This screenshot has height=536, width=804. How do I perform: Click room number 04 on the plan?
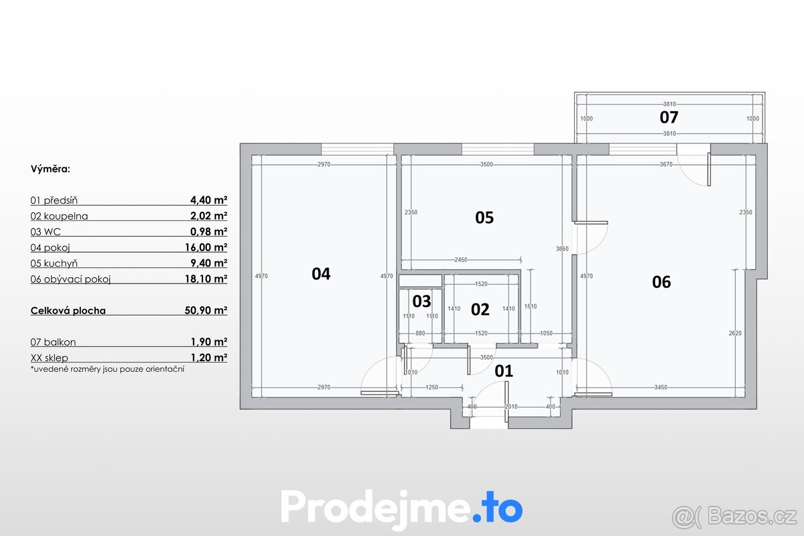pyautogui.click(x=321, y=273)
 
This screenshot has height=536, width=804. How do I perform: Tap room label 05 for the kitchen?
pyautogui.click(x=484, y=217)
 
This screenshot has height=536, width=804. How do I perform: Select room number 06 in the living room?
pyautogui.click(x=661, y=282)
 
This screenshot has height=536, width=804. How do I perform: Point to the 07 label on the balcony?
pyautogui.click(x=669, y=117)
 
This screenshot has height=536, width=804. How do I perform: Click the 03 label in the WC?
pyautogui.click(x=421, y=301)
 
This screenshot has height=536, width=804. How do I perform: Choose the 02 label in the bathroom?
pyautogui.click(x=480, y=309)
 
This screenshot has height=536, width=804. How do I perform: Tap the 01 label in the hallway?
pyautogui.click(x=503, y=371)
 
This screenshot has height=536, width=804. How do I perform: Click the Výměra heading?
pyautogui.click(x=50, y=170)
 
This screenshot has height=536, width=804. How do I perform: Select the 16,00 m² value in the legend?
pyautogui.click(x=208, y=247)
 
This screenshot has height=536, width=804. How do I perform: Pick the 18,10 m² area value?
pyautogui.click(x=208, y=279)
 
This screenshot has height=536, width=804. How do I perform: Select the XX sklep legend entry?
pyautogui.click(x=49, y=357)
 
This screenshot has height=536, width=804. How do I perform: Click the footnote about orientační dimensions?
pyautogui.click(x=107, y=368)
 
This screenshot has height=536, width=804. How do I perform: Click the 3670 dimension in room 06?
pyautogui.click(x=666, y=165)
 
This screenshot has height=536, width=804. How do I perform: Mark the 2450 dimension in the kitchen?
pyautogui.click(x=460, y=260)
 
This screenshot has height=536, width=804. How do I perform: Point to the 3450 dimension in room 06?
pyautogui.click(x=659, y=387)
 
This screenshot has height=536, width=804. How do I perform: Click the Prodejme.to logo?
pyautogui.click(x=401, y=507)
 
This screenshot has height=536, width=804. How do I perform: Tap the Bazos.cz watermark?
pyautogui.click(x=734, y=515)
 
